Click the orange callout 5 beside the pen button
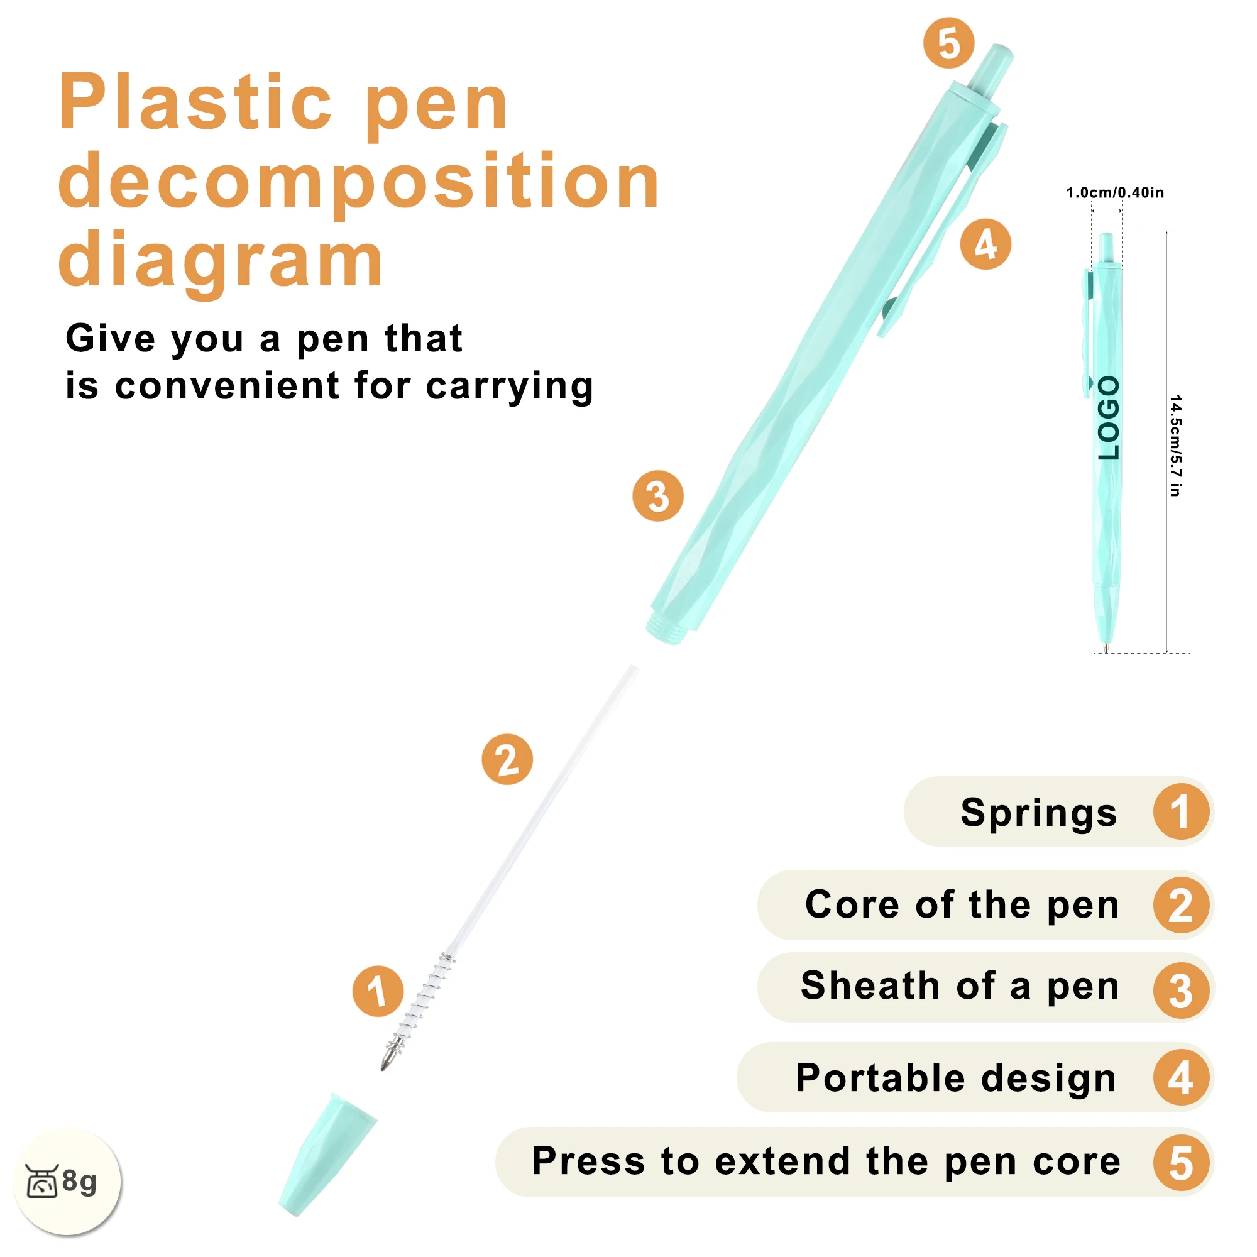(948, 43)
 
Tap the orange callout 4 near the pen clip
(985, 244)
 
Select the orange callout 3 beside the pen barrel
(658, 496)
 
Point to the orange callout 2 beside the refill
(507, 759)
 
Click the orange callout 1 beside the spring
(377, 991)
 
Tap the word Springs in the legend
(1038, 813)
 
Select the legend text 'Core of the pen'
(962, 904)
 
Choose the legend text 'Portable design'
(956, 1078)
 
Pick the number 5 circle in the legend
(1181, 1163)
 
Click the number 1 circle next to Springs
(1181, 812)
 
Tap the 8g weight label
(79, 1180)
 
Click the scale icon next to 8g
(42, 1181)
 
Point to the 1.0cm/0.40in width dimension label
(1114, 192)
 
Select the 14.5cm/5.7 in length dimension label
(1175, 445)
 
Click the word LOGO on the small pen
(1108, 419)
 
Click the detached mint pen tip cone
(327, 1153)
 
